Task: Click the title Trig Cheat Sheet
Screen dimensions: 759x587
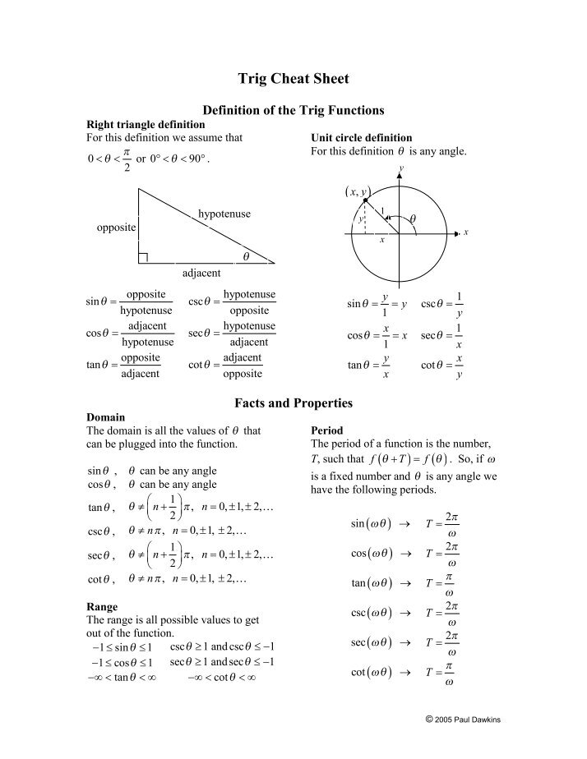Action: click(x=293, y=79)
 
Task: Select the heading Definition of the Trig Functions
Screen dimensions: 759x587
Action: click(x=293, y=110)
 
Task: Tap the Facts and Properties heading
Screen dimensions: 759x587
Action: click(x=293, y=403)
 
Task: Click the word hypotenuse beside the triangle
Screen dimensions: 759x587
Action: click(x=224, y=214)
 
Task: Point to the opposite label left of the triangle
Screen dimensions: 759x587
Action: click(x=116, y=228)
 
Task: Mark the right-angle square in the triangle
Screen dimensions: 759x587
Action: click(x=143, y=258)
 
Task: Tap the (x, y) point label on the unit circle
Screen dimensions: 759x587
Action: click(x=355, y=191)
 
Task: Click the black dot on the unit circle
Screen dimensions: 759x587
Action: click(x=366, y=200)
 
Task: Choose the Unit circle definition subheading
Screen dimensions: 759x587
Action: click(x=361, y=138)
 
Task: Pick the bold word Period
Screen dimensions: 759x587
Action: click(x=326, y=430)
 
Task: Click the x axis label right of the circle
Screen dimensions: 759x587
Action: click(x=465, y=233)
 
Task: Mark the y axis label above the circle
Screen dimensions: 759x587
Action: click(x=401, y=168)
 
